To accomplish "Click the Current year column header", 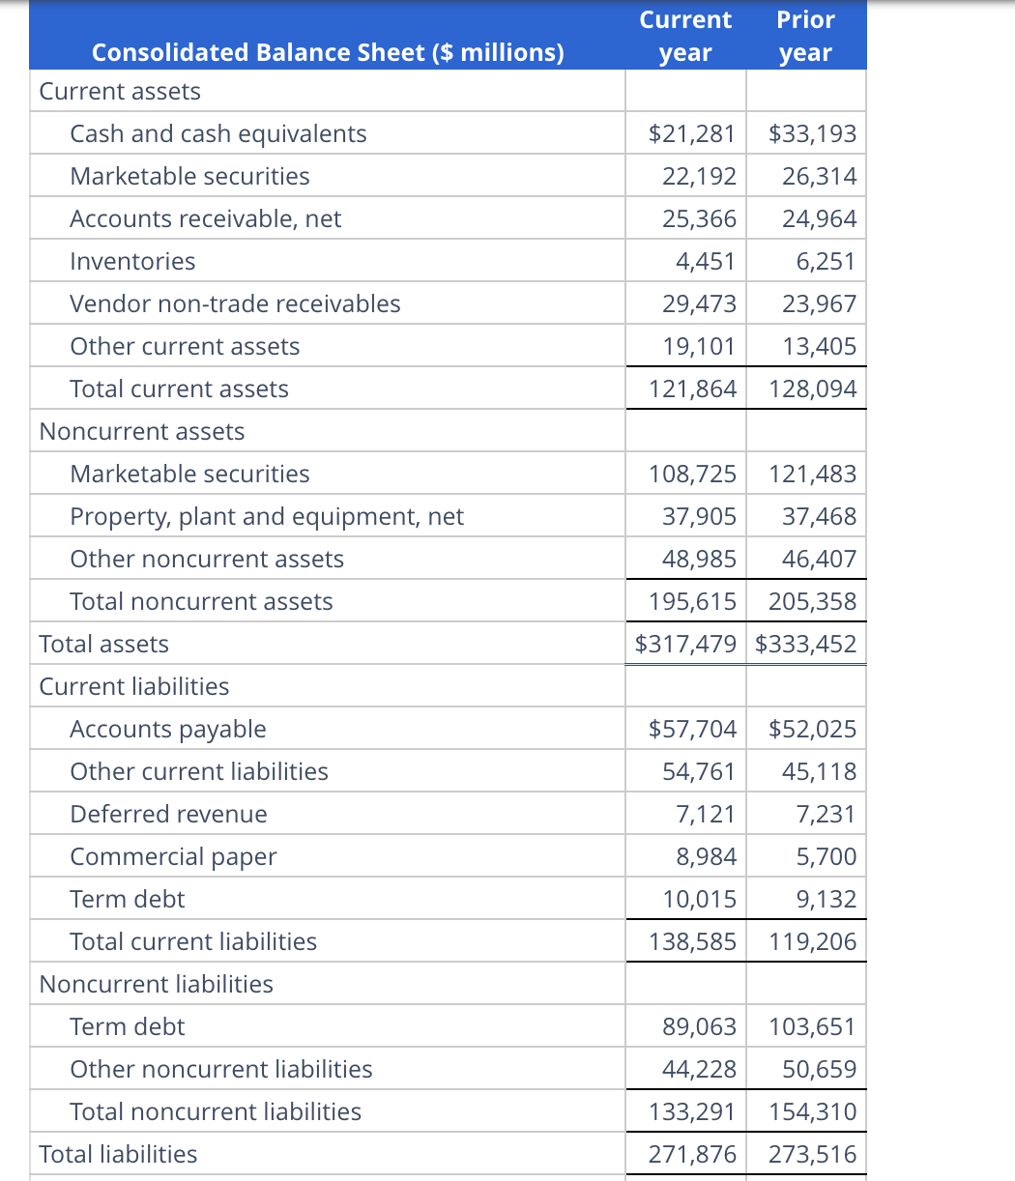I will coord(685,36).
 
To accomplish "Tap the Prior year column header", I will coord(805,36).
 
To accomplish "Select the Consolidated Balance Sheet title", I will coord(328,52).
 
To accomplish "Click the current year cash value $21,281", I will coord(692,133).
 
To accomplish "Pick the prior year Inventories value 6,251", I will coord(819,261).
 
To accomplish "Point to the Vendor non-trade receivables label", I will coord(235,303).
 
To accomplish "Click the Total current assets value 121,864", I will coord(692,389).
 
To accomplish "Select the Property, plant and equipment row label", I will coord(267,516).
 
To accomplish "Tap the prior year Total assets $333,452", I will coord(805,644).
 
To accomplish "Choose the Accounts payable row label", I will coord(168,729).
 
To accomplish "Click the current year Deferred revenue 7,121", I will coord(705,814).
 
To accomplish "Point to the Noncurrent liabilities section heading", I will coord(157,984).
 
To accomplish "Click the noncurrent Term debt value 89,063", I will coord(699,1026).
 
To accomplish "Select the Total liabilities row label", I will coord(118,1154).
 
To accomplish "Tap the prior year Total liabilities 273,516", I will coord(812,1154).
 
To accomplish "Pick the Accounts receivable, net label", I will coord(205,218).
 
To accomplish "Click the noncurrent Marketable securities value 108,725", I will coord(692,474).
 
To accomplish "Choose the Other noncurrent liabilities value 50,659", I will coord(819,1069).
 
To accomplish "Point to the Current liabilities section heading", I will coord(134,686).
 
